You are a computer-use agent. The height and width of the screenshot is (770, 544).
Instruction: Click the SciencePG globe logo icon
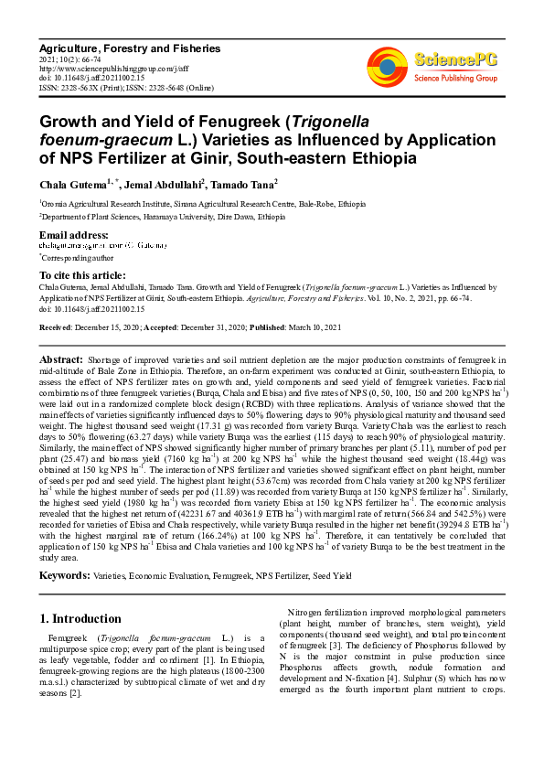point(387,63)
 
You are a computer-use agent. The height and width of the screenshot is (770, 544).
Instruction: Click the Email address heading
point(75,236)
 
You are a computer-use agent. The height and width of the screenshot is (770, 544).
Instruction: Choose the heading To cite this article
point(82,275)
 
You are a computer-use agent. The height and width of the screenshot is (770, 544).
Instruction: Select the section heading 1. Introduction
point(80,618)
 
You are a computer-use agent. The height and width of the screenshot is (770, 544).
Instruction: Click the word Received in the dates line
point(57,327)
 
